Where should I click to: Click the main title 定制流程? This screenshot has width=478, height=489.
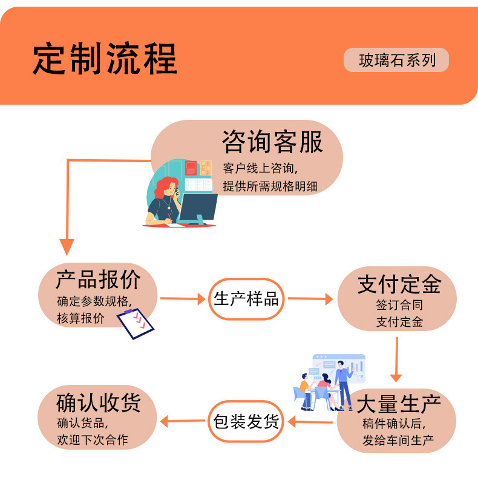click(x=105, y=59)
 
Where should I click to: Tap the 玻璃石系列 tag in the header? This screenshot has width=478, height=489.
click(x=396, y=61)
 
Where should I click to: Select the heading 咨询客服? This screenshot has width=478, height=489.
click(x=272, y=142)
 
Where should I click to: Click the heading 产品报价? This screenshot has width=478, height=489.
click(x=98, y=280)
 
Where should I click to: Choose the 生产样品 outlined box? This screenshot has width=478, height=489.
click(x=246, y=299)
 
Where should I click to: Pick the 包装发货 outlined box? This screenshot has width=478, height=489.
click(x=246, y=421)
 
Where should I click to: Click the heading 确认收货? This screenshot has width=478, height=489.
click(x=98, y=402)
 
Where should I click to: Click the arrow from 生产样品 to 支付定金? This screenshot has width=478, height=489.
click(x=310, y=299)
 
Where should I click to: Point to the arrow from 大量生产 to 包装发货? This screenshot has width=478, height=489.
click(x=309, y=421)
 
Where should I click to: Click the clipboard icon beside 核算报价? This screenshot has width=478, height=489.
click(x=135, y=323)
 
